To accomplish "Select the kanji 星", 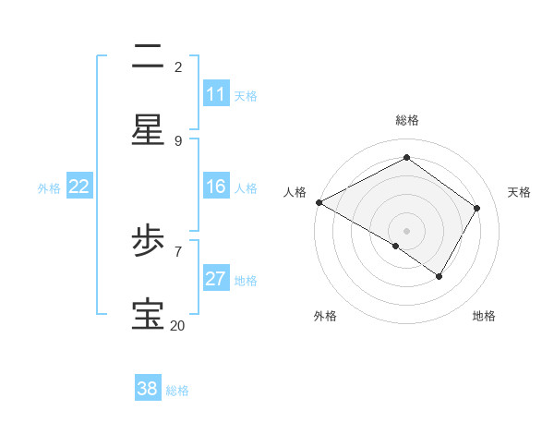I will pyautogui.click(x=148, y=131).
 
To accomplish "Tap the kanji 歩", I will pyautogui.click(x=148, y=243).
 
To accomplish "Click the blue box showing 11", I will pyautogui.click(x=216, y=94).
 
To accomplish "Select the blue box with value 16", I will pyautogui.click(x=216, y=187).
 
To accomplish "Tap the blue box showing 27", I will pyautogui.click(x=216, y=279).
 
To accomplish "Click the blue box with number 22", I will pyautogui.click(x=79, y=187).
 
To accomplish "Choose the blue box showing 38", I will pyautogui.click(x=148, y=389).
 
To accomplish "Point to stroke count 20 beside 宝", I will pyautogui.click(x=177, y=325).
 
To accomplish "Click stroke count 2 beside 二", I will pyautogui.click(x=178, y=66).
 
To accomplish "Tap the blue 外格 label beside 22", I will pyautogui.click(x=49, y=187).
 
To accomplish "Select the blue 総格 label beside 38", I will pyautogui.click(x=177, y=391).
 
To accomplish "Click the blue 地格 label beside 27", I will pyautogui.click(x=246, y=280).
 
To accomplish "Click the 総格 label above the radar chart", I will pyautogui.click(x=406, y=120).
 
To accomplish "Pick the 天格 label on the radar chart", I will pyautogui.click(x=519, y=192).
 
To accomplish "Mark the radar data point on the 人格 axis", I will pyautogui.click(x=319, y=202).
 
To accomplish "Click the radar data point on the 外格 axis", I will pyautogui.click(x=396, y=246).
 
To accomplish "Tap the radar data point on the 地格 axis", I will pyautogui.click(x=440, y=276).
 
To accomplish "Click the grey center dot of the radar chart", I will pyautogui.click(x=406, y=230).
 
